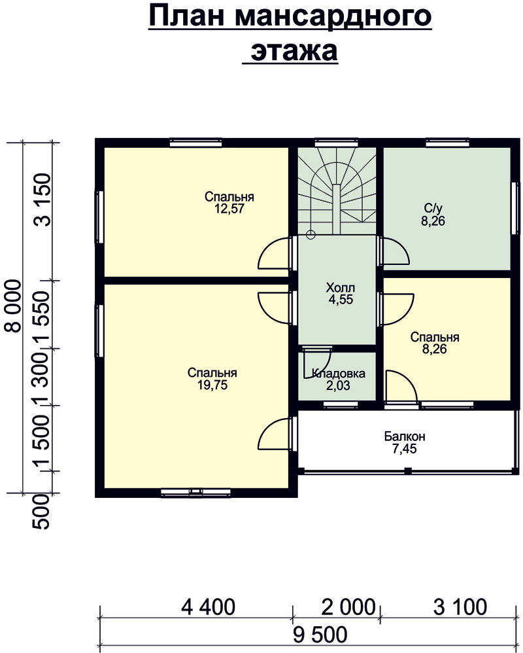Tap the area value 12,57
[229, 209]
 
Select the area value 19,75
[212, 385]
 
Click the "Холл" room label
[341, 287]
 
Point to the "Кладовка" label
[338, 373]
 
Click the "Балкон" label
[405, 436]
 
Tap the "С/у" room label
[433, 208]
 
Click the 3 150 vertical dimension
[43, 200]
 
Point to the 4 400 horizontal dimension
[208, 607]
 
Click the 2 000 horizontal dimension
[348, 607]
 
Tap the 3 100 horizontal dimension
[460, 607]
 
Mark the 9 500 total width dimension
[320, 635]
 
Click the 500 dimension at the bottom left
[41, 512]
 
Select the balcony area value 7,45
[405, 448]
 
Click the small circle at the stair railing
[311, 234]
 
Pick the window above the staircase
[336, 143]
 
